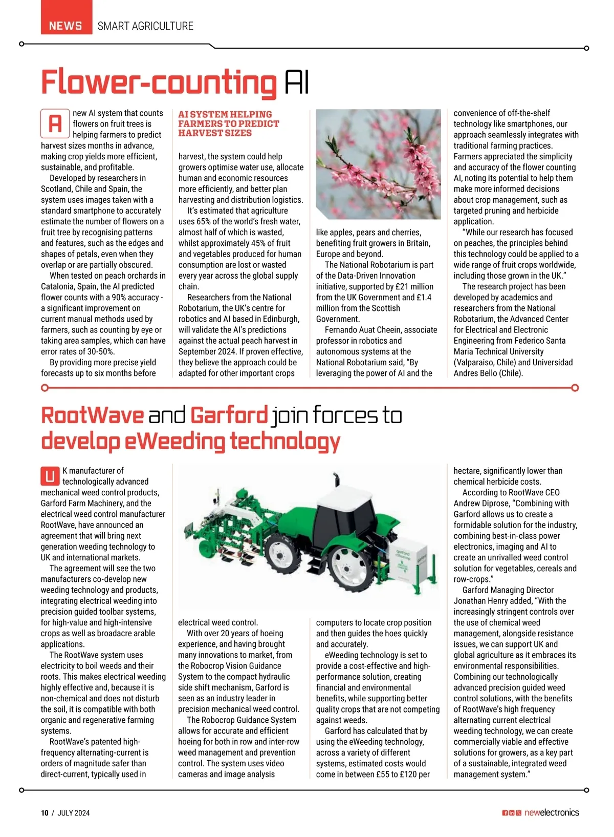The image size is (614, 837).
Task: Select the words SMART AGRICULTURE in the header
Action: pyautogui.click(x=145, y=26)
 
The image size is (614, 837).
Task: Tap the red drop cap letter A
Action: pyautogui.click(x=55, y=123)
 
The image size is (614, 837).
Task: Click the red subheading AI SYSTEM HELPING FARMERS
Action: pyautogui.click(x=228, y=123)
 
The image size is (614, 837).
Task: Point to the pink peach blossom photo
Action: pyautogui.click(x=378, y=164)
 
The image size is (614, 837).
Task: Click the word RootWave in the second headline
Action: pyautogui.click(x=92, y=415)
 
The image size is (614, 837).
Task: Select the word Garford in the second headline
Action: pyautogui.click(x=229, y=415)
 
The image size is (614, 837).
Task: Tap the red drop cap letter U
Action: pyautogui.click(x=50, y=476)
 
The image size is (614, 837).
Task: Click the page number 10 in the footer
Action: pyautogui.click(x=45, y=812)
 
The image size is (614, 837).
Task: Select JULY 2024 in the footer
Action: pyautogui.click(x=74, y=812)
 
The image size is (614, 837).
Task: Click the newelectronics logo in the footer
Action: pyautogui.click(x=552, y=812)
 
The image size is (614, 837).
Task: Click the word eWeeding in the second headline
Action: pyautogui.click(x=174, y=442)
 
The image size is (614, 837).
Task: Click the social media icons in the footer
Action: pyautogui.click(x=511, y=813)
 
